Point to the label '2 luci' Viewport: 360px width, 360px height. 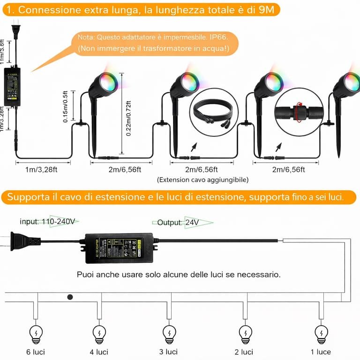244,352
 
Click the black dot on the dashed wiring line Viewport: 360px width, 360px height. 70,297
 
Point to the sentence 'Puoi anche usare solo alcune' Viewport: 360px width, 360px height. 178,274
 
